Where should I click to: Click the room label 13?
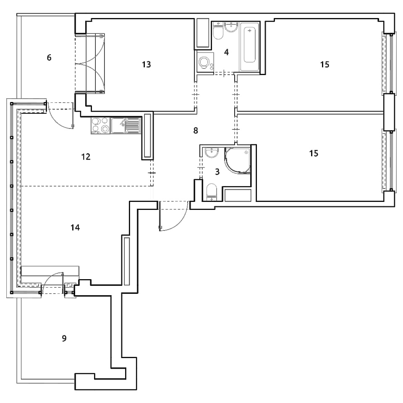(x=146, y=64)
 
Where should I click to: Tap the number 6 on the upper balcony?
(x=49, y=58)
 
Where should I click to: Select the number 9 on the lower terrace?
(x=64, y=338)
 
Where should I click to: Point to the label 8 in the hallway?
(x=196, y=131)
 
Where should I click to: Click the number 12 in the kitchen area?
(x=86, y=157)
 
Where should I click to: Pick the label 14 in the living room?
(x=75, y=228)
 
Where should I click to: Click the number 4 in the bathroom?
(x=226, y=52)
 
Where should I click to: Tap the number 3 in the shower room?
(x=217, y=172)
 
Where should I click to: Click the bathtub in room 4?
(x=249, y=46)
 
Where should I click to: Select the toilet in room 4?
(x=218, y=31)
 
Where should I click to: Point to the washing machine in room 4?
(x=205, y=62)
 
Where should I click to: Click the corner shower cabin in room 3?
(x=238, y=160)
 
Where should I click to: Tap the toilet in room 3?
(x=212, y=192)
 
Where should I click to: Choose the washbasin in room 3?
(x=212, y=152)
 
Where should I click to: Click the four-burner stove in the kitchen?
(x=100, y=126)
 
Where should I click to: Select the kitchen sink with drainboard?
(x=126, y=126)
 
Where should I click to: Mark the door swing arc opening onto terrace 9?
(x=49, y=278)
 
